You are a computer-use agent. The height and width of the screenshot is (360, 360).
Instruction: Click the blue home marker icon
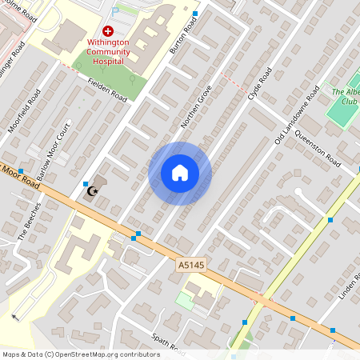[x=180, y=173]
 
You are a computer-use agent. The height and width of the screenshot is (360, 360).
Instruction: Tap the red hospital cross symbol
[x=108, y=30]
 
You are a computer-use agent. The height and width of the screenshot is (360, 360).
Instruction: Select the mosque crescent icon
[x=94, y=191]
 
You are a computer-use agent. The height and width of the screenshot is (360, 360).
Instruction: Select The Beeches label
[x=29, y=227]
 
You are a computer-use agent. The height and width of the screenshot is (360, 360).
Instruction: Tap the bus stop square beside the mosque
[x=86, y=184]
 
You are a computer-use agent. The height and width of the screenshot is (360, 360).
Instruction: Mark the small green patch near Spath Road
[x=184, y=301]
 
